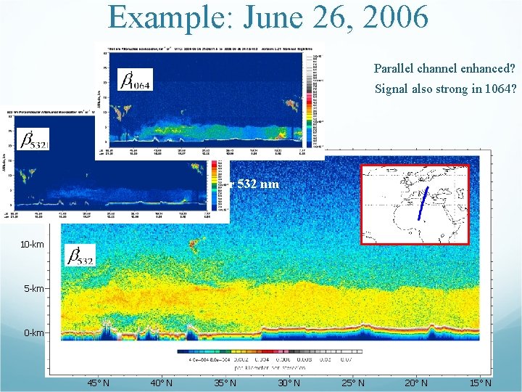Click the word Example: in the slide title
click(165, 17)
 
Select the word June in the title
click(260, 17)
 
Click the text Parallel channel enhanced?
click(444, 69)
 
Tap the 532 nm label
click(258, 184)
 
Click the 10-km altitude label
click(32, 245)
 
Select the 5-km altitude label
click(33, 289)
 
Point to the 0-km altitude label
click(33, 333)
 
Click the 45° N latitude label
click(98, 383)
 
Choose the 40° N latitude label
click(161, 383)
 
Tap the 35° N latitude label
click(225, 383)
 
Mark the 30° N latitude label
click(289, 383)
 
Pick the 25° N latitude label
click(352, 383)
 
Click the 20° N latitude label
click(415, 383)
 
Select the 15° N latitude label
click(479, 383)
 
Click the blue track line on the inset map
click(423, 203)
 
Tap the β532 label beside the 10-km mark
click(80, 255)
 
